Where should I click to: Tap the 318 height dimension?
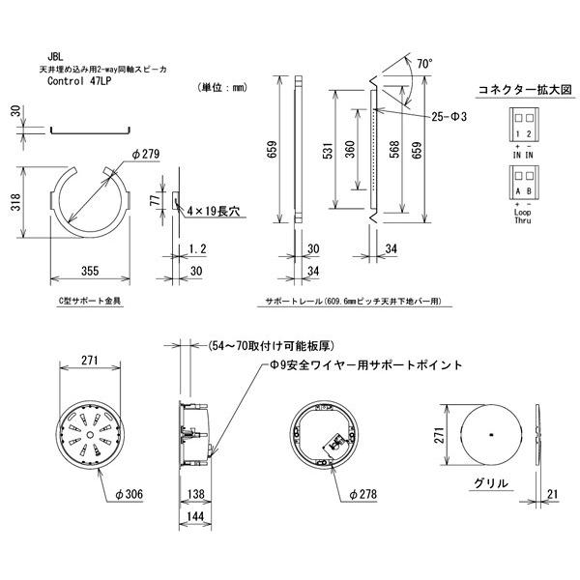tap(16, 202)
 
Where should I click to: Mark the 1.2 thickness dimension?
tap(197, 248)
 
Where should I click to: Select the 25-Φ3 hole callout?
tap(450, 116)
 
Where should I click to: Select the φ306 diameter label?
tap(129, 494)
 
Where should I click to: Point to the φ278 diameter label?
tap(362, 494)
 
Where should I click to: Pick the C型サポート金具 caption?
tap(90, 301)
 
